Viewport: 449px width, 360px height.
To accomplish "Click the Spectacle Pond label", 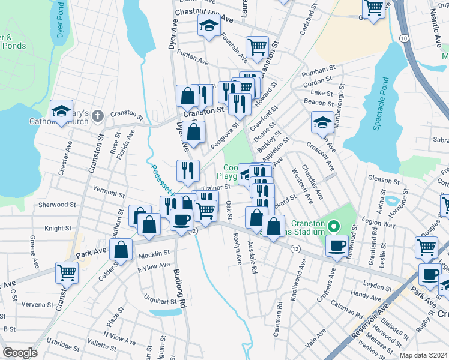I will point(380,104).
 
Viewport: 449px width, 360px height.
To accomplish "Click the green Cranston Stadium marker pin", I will point(336,227).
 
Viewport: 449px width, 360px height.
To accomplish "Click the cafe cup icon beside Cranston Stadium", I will point(337,245).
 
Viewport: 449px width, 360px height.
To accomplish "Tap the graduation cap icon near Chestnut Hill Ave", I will point(209,25).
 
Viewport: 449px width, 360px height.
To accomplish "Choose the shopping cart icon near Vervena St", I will point(66,272).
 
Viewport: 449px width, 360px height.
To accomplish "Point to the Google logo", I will point(20,353).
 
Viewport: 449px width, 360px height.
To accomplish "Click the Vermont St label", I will point(109,194).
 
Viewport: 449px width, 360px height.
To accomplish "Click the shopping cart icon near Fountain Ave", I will point(257,46).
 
